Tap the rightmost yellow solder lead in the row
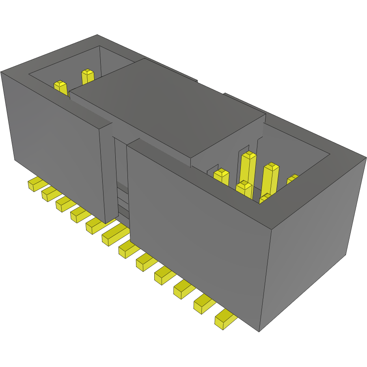[224, 320]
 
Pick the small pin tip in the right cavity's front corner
[265, 198]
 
